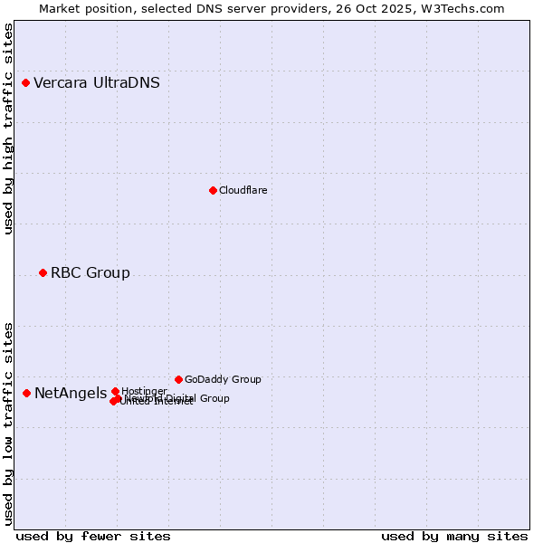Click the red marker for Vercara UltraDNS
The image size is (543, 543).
[x=26, y=83]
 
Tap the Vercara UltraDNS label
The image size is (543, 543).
[x=97, y=83]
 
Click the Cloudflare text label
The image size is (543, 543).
[x=243, y=190]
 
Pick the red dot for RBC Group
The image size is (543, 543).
[x=43, y=273]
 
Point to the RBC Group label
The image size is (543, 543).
[x=90, y=273]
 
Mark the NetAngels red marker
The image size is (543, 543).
[x=27, y=393]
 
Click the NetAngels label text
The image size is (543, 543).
[x=71, y=393]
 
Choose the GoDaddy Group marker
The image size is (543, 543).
[x=179, y=380]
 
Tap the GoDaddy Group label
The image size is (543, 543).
[x=223, y=380]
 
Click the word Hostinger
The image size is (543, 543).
[x=144, y=391]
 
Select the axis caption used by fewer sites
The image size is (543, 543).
[x=93, y=537]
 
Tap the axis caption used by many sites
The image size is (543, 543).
[x=454, y=537]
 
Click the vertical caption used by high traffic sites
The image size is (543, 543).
[x=9, y=129]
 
